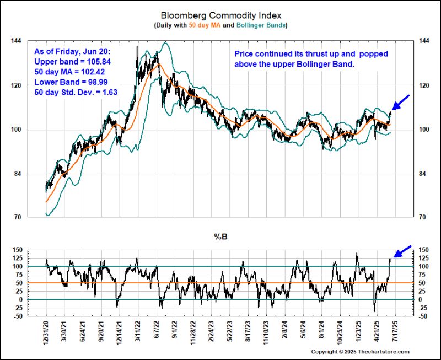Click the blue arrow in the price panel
[401, 103]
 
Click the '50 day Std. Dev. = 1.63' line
[76, 92]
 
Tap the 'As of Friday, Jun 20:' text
[70, 51]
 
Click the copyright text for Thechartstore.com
[360, 352]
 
